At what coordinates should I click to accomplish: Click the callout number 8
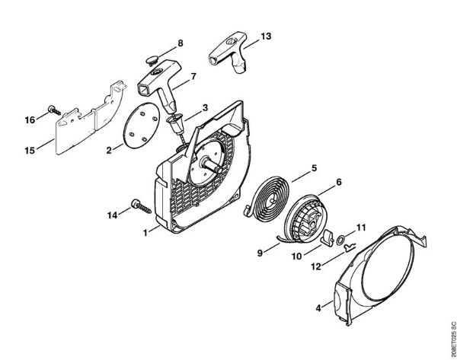(180, 43)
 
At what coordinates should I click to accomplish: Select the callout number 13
(265, 36)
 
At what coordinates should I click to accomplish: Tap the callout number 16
(29, 119)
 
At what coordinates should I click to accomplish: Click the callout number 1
(144, 233)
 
